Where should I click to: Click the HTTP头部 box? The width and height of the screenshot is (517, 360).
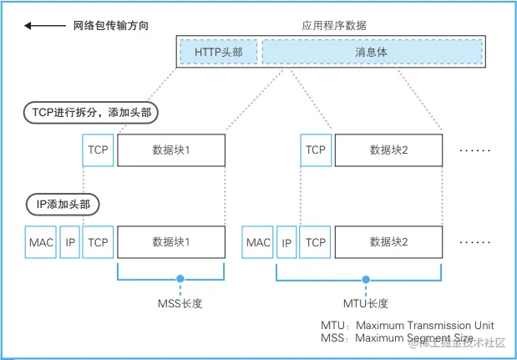(x=219, y=52)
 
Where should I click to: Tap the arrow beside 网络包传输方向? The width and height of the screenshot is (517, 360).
(x=38, y=26)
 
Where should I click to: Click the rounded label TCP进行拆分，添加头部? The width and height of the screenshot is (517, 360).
(x=89, y=112)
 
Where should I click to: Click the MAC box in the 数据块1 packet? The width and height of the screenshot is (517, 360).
(x=40, y=242)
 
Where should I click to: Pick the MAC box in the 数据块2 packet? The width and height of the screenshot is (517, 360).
(x=258, y=242)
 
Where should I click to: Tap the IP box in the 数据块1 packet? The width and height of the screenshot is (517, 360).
(x=70, y=242)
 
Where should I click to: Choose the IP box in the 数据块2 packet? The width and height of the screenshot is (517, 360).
(x=287, y=242)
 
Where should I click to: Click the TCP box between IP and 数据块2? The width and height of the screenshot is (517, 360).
(x=316, y=242)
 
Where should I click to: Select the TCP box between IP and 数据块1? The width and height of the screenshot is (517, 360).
(x=99, y=242)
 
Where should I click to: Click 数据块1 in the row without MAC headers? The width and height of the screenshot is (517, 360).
(x=171, y=150)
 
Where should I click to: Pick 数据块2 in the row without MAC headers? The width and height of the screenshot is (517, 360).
(x=388, y=150)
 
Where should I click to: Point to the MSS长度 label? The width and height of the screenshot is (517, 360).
(x=178, y=303)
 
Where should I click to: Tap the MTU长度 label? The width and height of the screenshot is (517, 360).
(x=365, y=303)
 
